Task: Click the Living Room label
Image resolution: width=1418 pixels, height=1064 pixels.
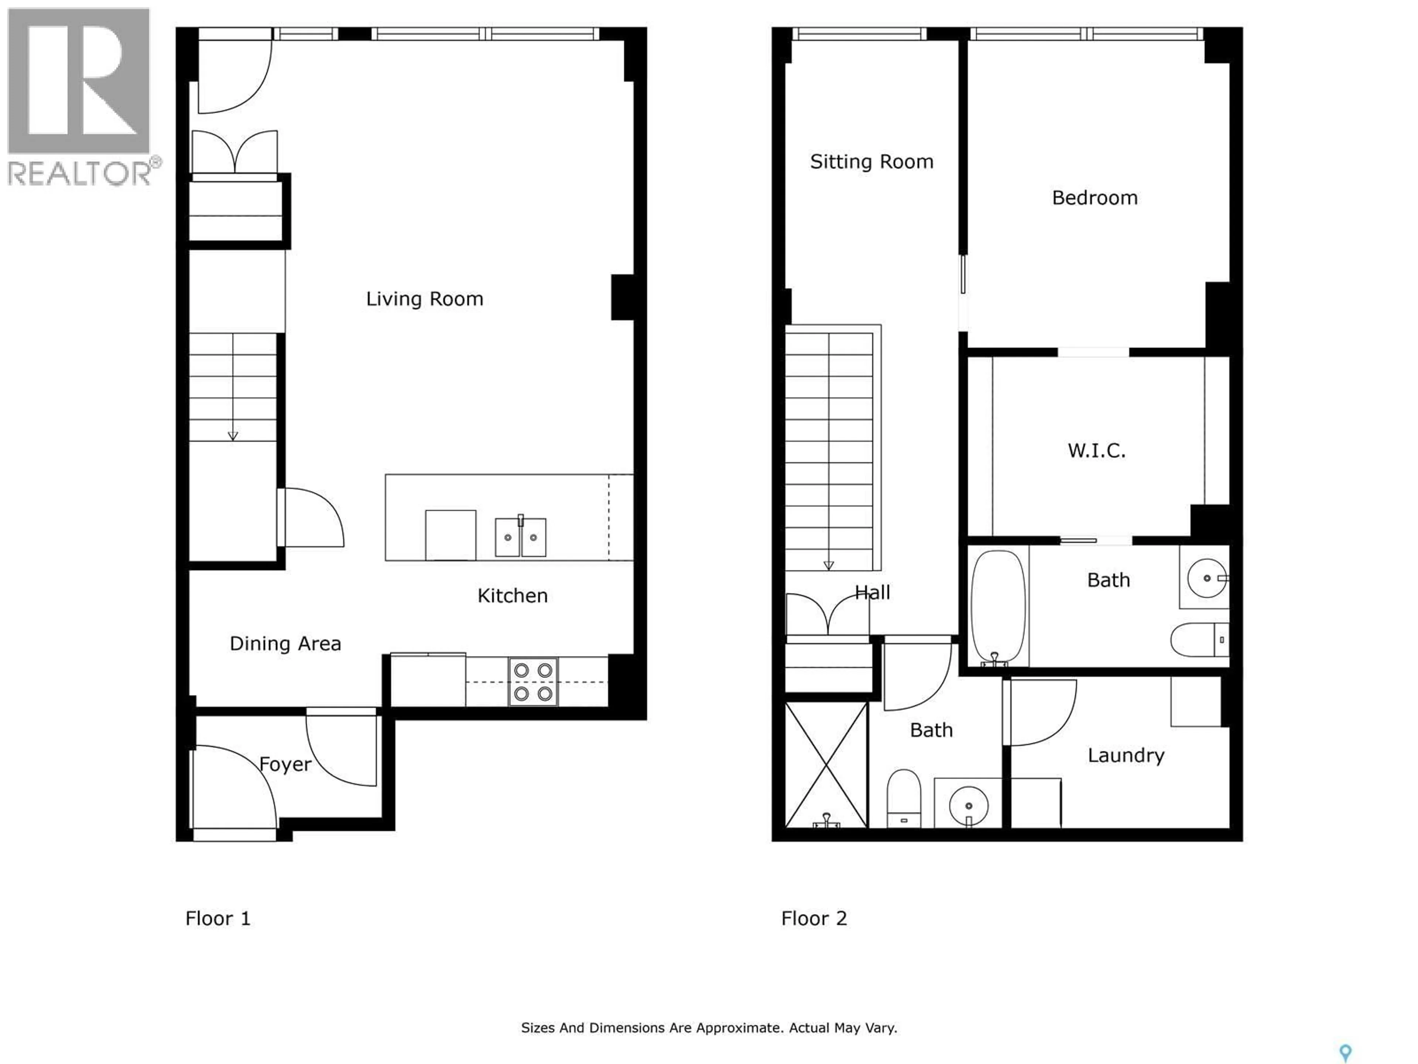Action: tap(424, 299)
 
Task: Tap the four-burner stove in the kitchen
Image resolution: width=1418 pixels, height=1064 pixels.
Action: tap(533, 682)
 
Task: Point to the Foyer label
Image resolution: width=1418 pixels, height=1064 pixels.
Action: tap(285, 764)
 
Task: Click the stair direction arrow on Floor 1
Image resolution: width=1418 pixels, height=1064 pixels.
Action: tap(233, 436)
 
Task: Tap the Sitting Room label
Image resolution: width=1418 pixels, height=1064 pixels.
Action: tap(871, 161)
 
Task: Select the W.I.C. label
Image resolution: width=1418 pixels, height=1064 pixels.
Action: tap(1096, 450)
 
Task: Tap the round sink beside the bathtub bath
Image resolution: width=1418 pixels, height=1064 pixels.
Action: tap(1206, 578)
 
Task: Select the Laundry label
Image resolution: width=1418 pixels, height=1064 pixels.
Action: tap(1126, 756)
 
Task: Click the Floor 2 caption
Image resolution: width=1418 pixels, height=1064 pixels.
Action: tap(814, 918)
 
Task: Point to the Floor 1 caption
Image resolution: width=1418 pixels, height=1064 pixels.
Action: tap(217, 918)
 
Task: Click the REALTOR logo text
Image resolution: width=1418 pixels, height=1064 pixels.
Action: tap(80, 173)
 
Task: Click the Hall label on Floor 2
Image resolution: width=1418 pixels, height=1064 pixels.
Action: tap(873, 592)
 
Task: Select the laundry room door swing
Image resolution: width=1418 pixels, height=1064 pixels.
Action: tap(1042, 712)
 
